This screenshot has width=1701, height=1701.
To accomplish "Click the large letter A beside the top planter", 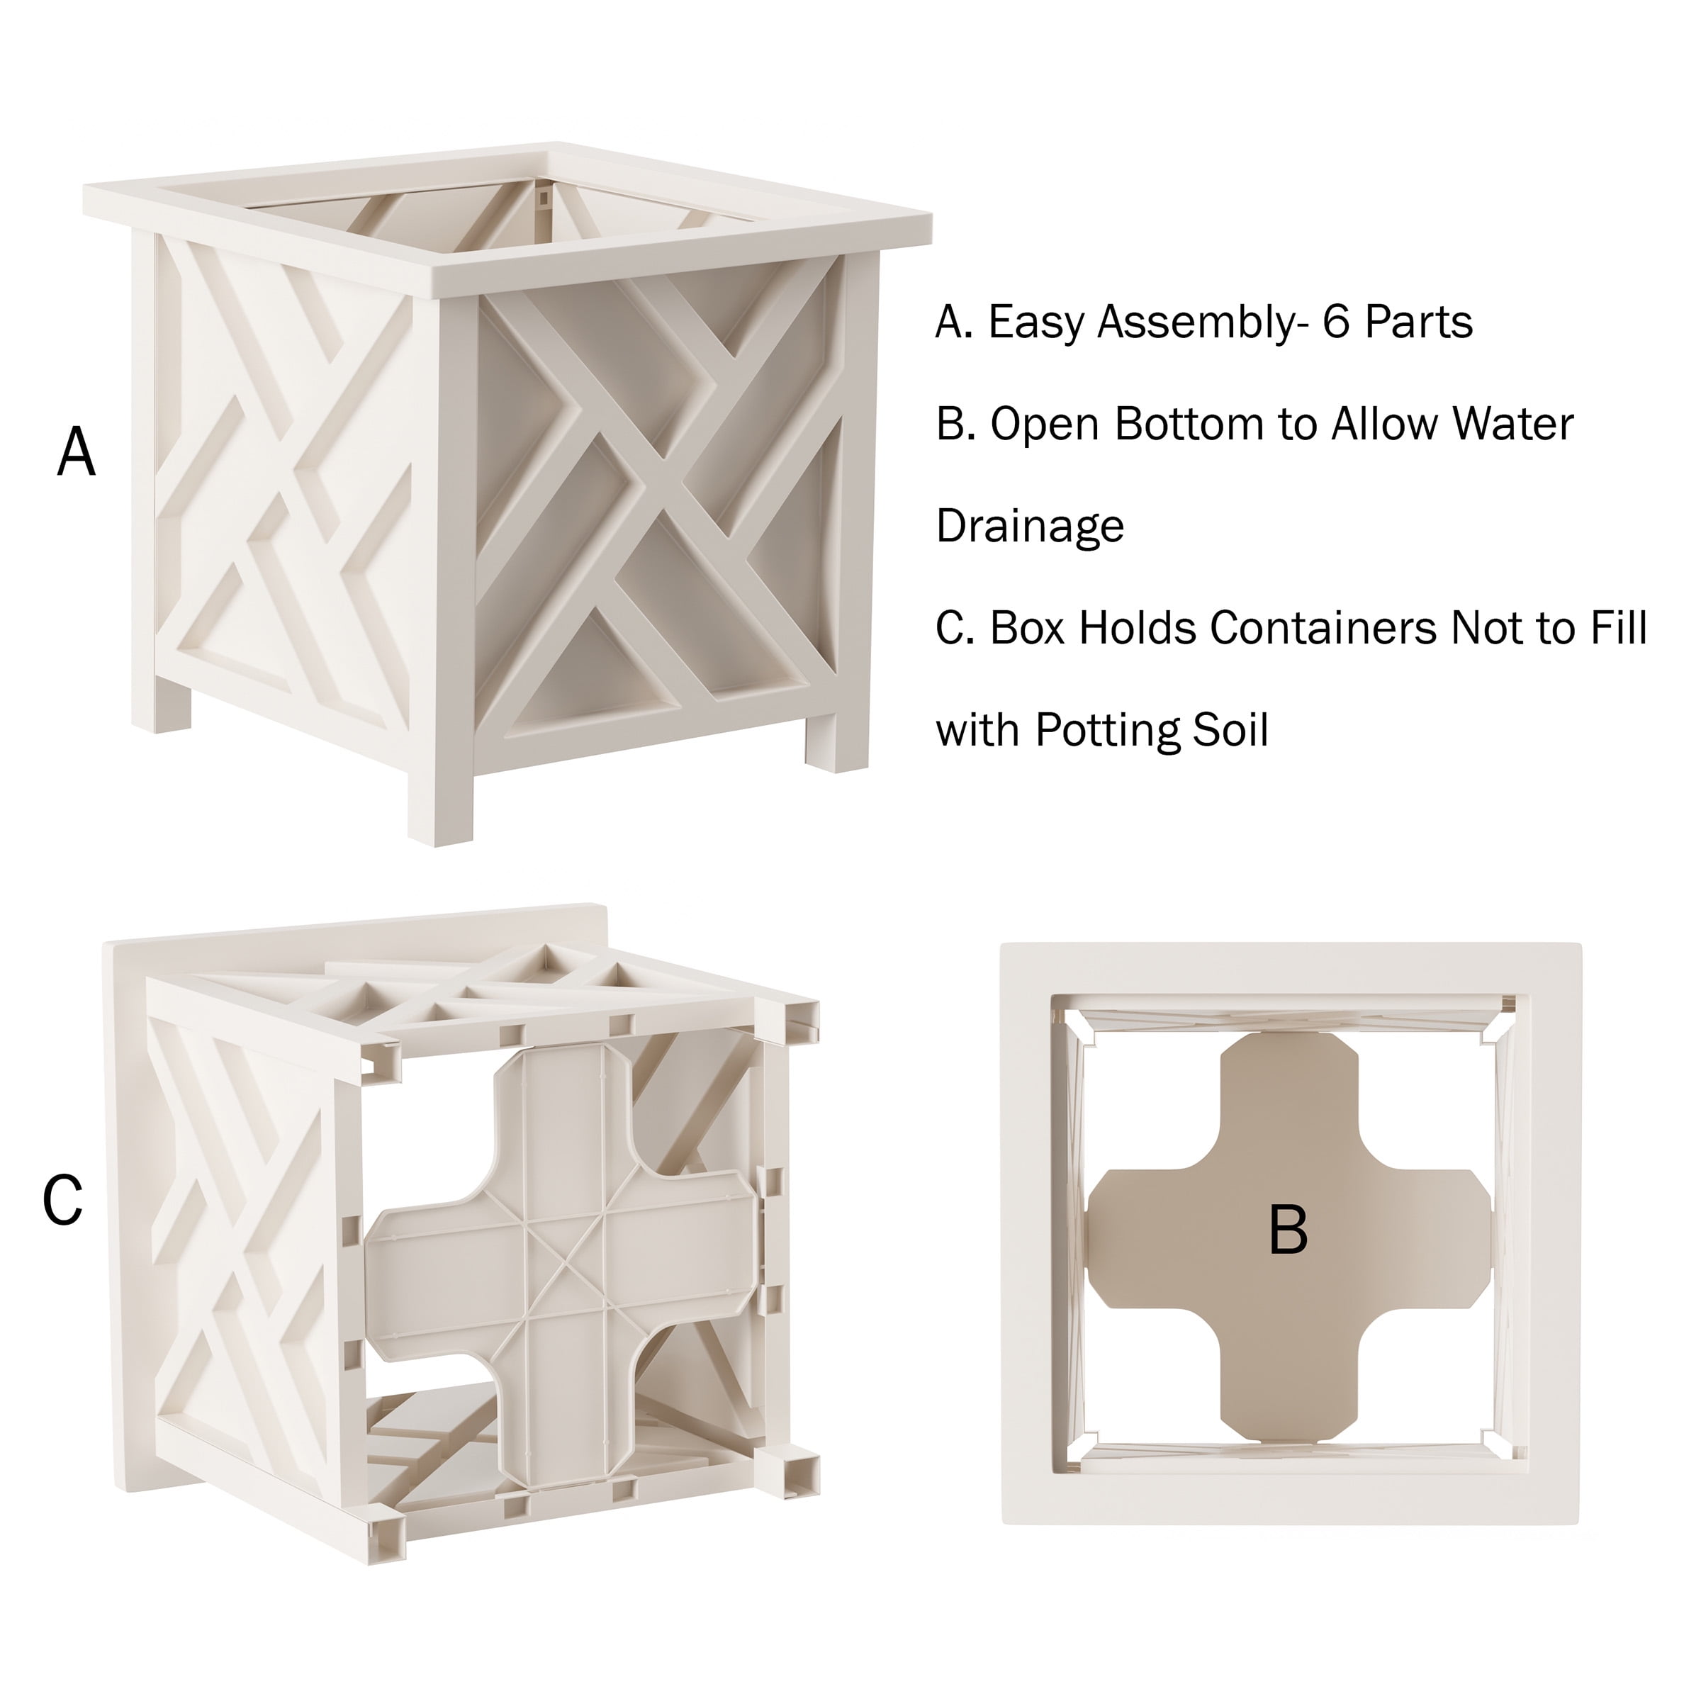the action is pyautogui.click(x=77, y=451).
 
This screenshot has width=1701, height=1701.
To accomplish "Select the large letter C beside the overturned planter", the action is pyautogui.click(x=62, y=1199).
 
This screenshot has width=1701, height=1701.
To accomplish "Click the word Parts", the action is pyautogui.click(x=1418, y=322).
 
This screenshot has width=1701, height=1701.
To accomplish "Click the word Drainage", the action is pyautogui.click(x=1030, y=527).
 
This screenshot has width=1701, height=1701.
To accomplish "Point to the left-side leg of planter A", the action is pyautogui.click(x=161, y=704).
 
